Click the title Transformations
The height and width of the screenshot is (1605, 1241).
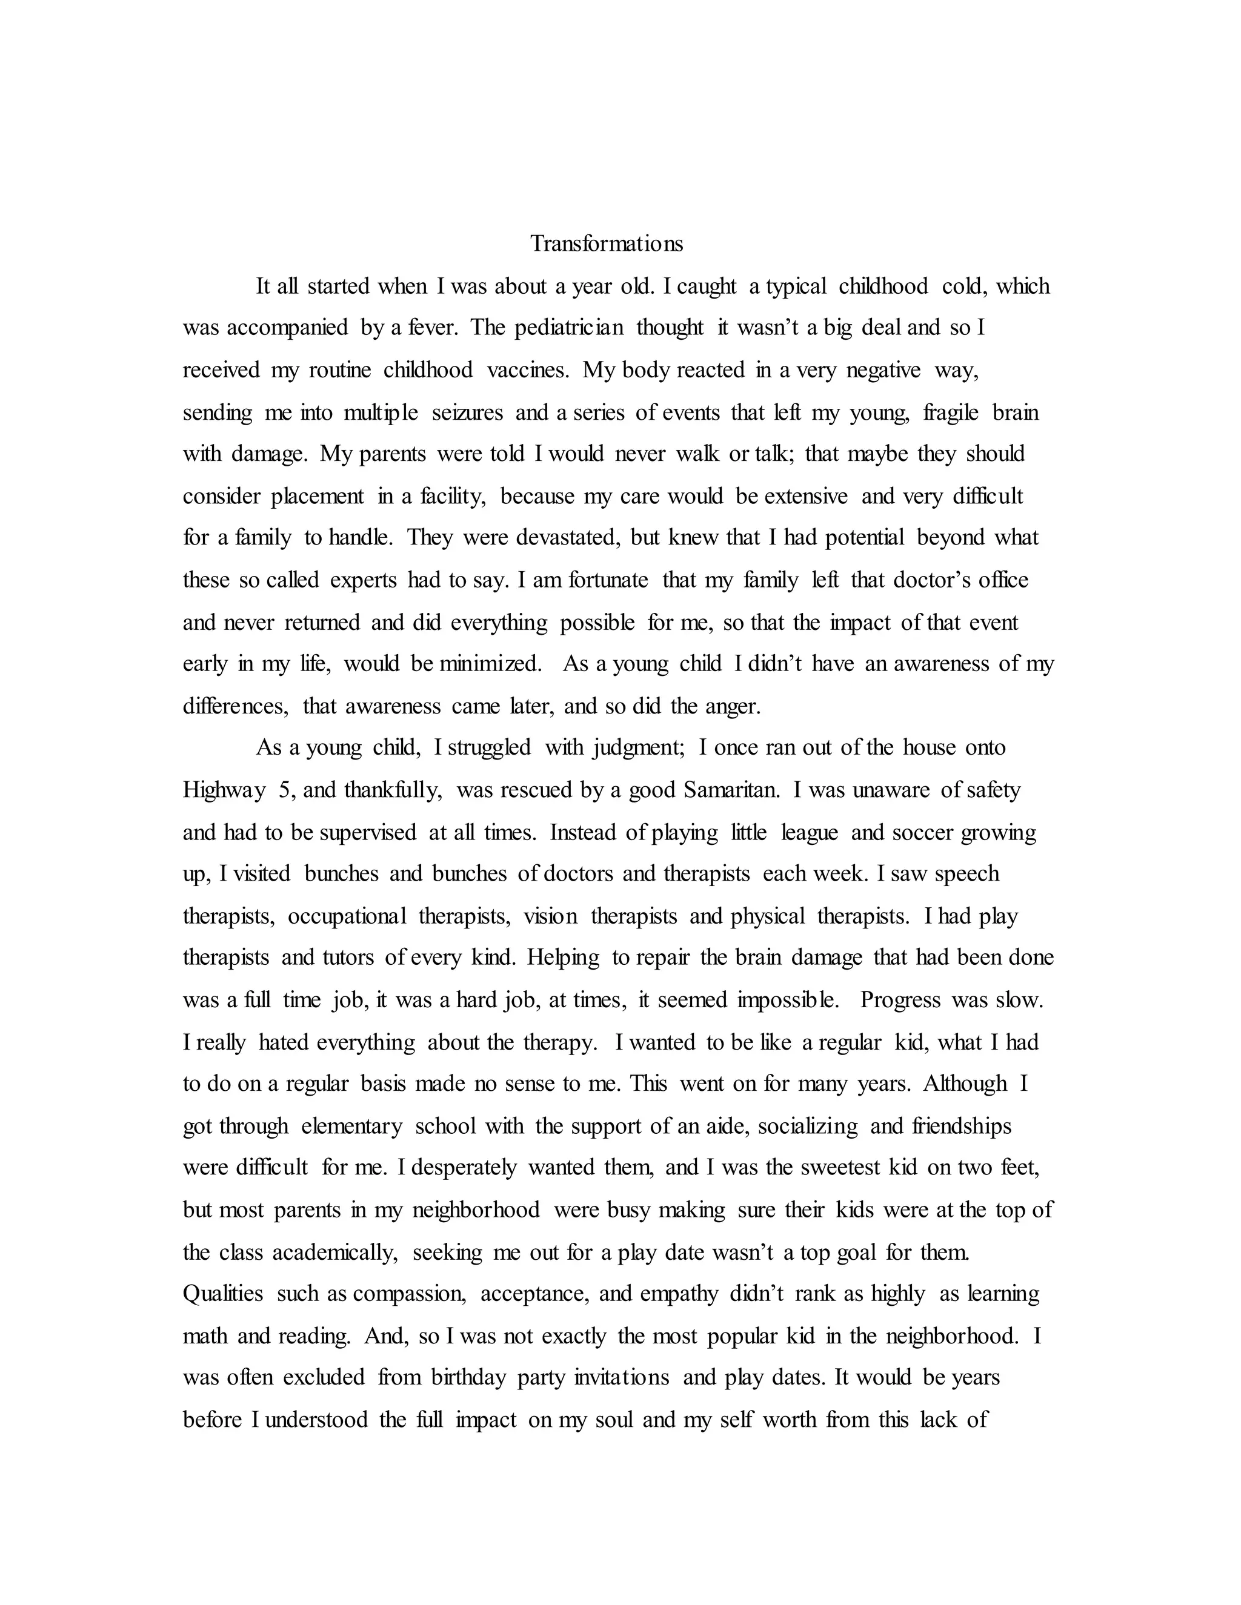[607, 244]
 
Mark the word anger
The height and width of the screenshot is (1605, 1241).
[731, 707]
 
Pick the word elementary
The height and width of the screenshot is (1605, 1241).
[351, 1127]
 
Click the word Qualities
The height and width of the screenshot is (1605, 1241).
[223, 1294]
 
